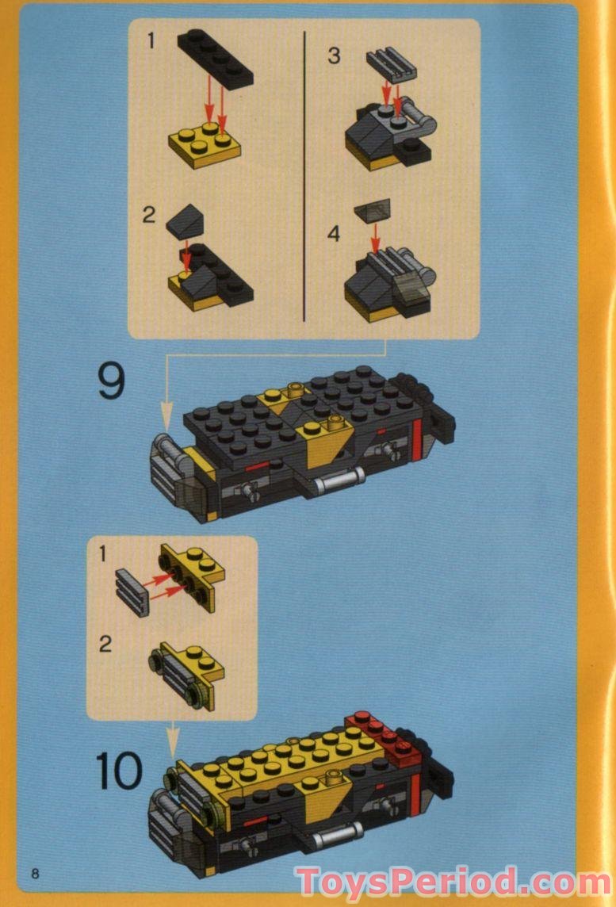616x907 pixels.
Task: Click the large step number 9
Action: point(112,381)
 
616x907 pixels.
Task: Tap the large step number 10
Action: point(119,770)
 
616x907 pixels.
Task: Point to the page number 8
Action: point(35,873)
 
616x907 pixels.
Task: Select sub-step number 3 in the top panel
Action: point(334,55)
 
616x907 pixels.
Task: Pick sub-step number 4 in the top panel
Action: point(334,235)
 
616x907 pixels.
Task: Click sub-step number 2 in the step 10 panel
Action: point(105,643)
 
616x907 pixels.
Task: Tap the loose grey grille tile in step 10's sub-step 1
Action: point(132,591)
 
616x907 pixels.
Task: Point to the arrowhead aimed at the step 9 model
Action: point(166,412)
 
